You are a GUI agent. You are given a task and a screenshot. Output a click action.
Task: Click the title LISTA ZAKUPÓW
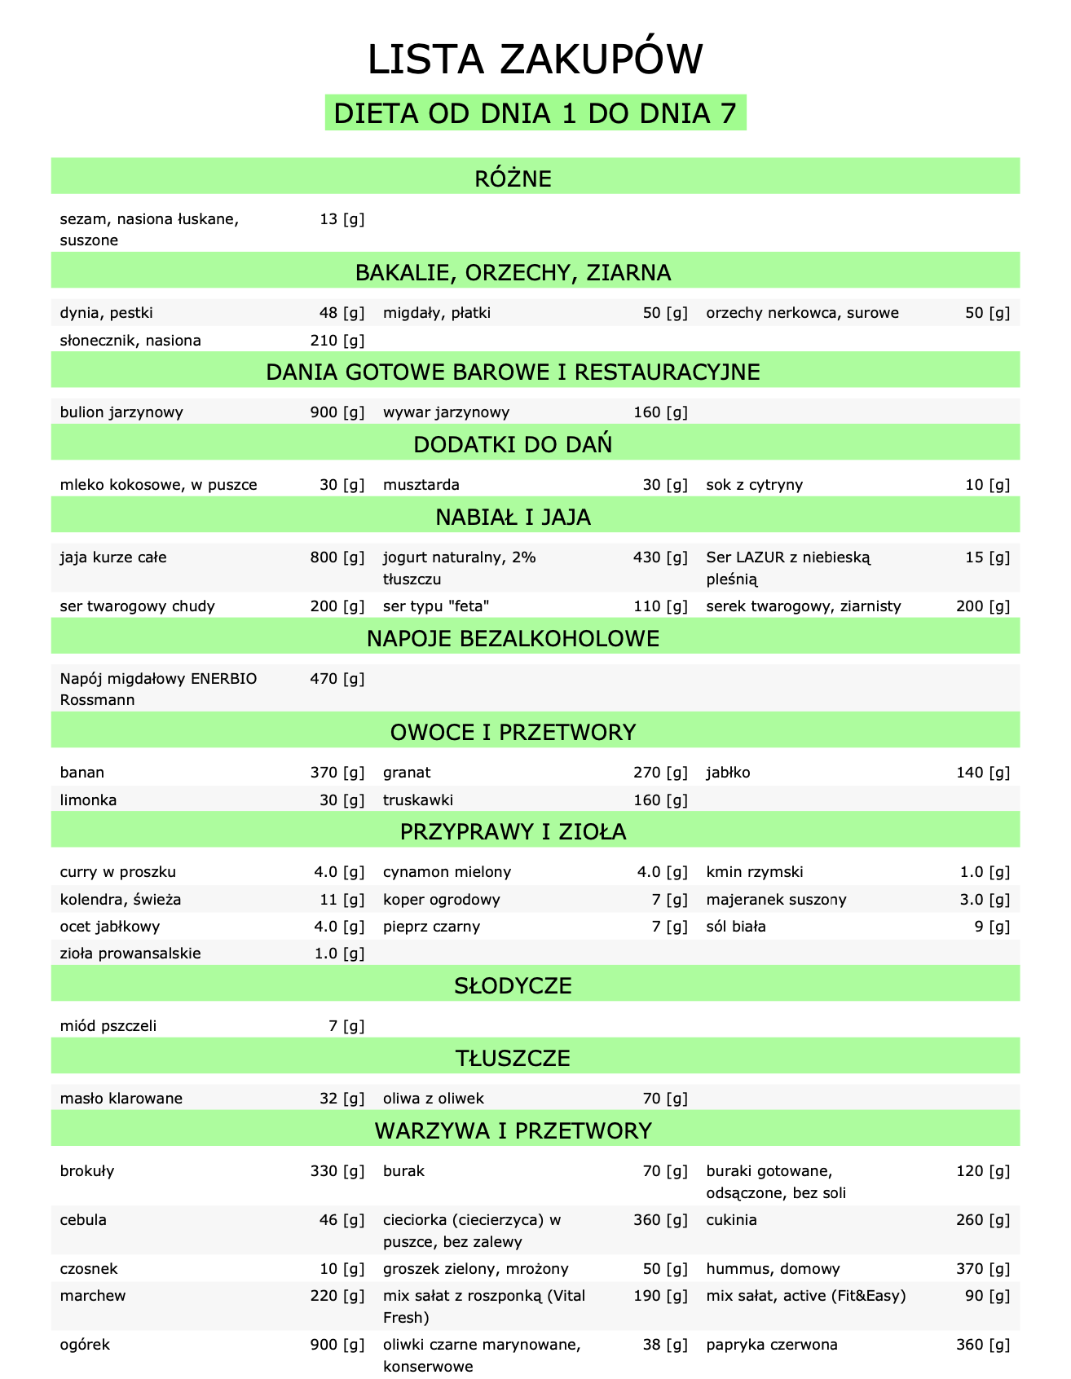coord(535,61)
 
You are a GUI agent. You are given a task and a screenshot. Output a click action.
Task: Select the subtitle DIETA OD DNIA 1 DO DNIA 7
coord(535,114)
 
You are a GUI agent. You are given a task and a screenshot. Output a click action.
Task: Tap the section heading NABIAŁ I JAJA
coord(535,517)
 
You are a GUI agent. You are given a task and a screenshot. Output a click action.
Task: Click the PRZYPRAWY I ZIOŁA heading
coord(535,832)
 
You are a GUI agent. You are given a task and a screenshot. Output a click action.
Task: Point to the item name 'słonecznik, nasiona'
coord(130,341)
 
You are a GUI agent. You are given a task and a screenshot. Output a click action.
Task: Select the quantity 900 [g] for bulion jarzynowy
coord(337,412)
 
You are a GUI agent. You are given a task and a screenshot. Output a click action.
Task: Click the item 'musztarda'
coord(421,485)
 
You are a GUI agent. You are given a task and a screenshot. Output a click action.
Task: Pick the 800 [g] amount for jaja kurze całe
coord(337,557)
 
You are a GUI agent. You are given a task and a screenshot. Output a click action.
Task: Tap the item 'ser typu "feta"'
coord(436,606)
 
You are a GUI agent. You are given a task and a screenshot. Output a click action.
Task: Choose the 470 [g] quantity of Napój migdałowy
coord(337,678)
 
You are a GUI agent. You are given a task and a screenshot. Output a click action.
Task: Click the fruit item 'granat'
coord(407,773)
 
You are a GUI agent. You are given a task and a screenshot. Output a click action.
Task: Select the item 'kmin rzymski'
coord(755,872)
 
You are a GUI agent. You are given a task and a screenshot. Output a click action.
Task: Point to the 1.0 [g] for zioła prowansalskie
coord(339,954)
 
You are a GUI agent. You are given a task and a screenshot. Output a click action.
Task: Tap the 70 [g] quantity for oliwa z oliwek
coord(665,1099)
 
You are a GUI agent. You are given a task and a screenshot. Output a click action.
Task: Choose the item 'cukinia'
coord(731,1220)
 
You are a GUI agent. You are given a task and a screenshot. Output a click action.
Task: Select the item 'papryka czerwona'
coord(772,1345)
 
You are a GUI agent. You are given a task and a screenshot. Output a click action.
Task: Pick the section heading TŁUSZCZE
coord(535,1058)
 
